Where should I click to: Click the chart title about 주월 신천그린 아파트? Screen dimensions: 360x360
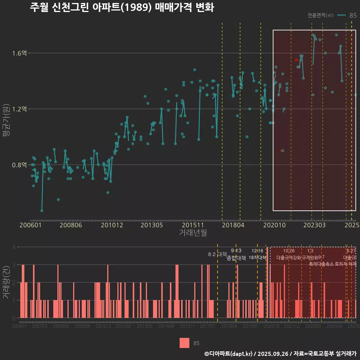click(121, 7)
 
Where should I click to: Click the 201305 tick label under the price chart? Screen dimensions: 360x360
click(152, 225)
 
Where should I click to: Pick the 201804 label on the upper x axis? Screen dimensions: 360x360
click(233, 225)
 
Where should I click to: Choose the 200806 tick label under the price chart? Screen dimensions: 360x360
click(71, 225)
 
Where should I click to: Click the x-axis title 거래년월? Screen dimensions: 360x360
click(193, 233)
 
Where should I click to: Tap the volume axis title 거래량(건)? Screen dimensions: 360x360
click(6, 282)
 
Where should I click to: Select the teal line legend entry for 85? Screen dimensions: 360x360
click(342, 15)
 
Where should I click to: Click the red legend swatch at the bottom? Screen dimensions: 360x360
click(184, 343)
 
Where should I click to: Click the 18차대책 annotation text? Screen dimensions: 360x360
click(257, 258)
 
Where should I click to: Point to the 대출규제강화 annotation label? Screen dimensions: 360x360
click(288, 258)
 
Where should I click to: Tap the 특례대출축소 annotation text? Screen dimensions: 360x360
click(321, 264)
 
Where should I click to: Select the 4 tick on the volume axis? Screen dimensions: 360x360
click(14, 247)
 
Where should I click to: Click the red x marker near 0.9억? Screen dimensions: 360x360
click(282, 151)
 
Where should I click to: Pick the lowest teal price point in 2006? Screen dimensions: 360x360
click(42, 211)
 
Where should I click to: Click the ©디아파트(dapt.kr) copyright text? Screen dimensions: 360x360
click(229, 354)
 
